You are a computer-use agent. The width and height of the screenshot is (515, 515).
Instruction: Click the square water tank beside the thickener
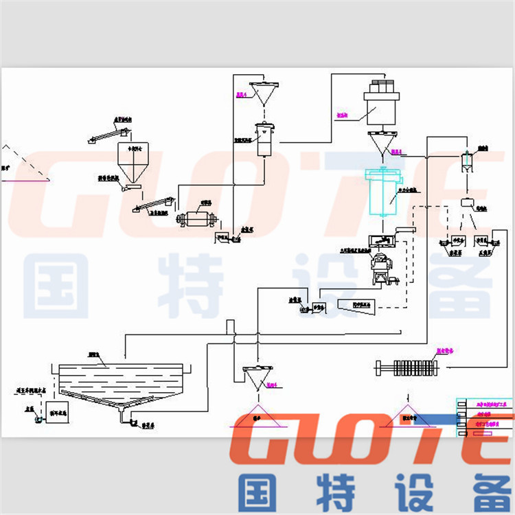57,411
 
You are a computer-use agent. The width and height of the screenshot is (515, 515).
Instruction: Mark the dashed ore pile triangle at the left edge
21,165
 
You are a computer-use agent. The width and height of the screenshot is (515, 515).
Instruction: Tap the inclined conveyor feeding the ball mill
154,205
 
